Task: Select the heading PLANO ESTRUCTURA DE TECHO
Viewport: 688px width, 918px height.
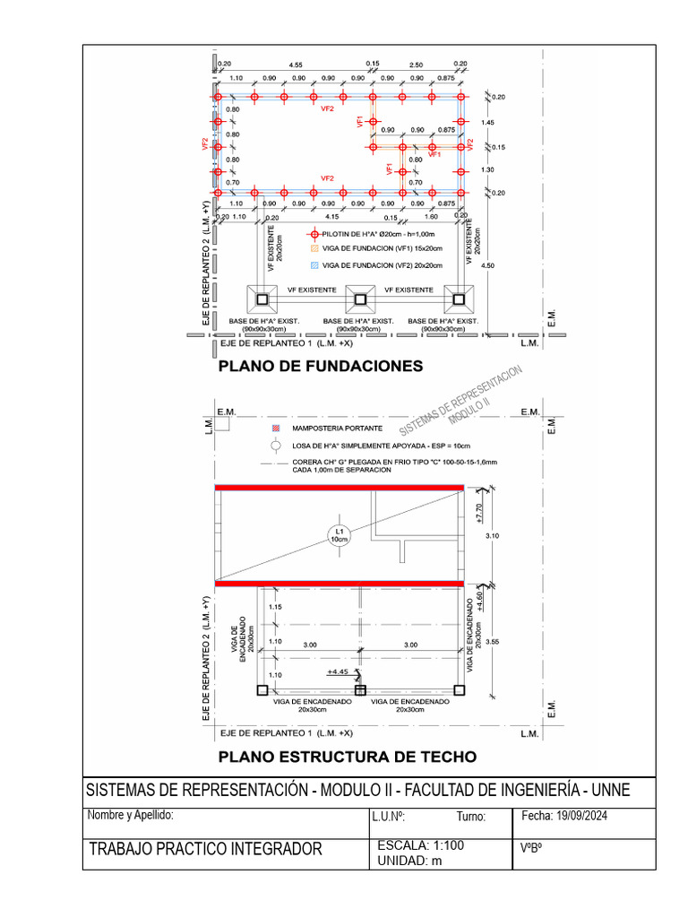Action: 348,757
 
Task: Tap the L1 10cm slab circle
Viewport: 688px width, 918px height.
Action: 340,535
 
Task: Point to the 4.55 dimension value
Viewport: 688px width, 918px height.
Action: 296,64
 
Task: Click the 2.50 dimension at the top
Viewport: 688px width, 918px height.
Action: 417,64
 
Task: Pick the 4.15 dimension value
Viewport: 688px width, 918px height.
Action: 331,216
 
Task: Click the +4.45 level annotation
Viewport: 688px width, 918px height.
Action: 338,671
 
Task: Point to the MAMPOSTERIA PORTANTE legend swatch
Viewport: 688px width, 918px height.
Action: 276,429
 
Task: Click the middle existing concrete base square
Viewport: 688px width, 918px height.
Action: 361,299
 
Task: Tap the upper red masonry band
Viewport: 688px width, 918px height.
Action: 340,487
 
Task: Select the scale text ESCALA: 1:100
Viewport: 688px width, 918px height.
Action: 421,844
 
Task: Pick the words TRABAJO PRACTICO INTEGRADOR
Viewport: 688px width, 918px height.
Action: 205,849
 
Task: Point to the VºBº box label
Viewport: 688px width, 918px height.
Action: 532,847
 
